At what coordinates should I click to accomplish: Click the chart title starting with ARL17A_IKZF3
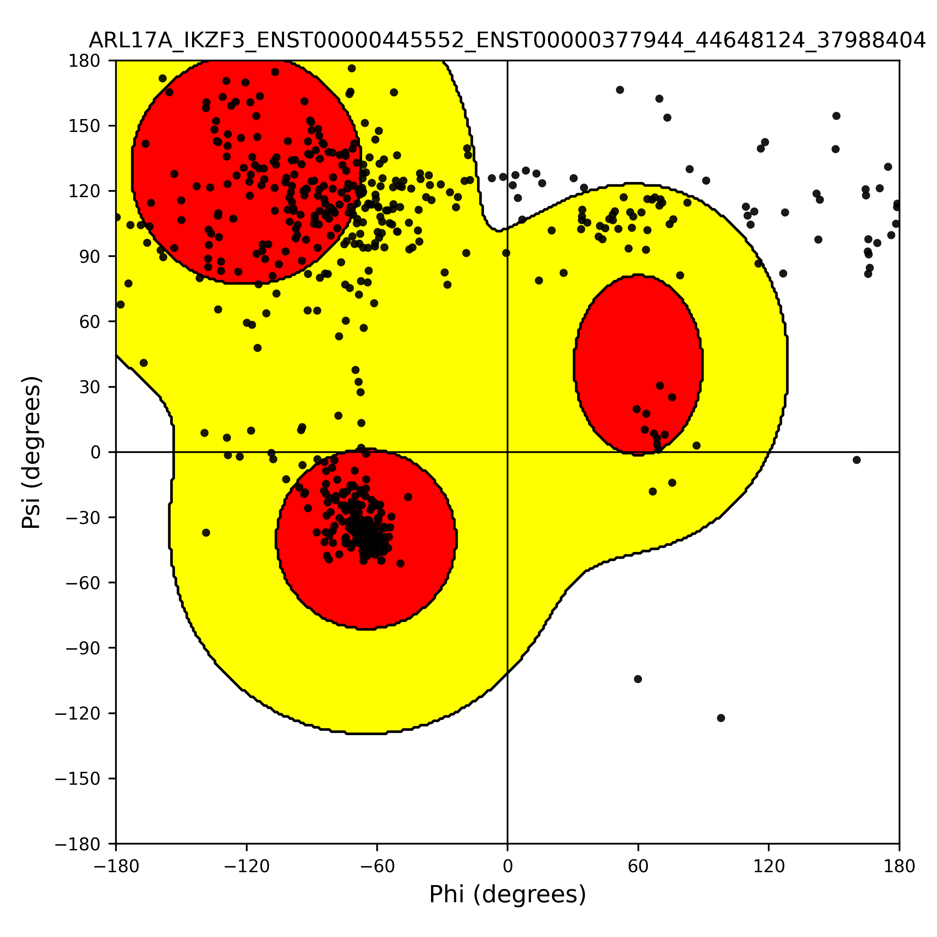[507, 41]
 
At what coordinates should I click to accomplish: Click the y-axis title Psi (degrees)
[32, 452]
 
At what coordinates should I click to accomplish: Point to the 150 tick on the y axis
[84, 126]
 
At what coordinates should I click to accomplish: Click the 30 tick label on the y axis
[90, 387]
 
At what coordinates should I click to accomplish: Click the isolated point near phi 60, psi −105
[638, 679]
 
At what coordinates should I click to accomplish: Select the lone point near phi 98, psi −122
[721, 718]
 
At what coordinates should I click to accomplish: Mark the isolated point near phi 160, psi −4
[857, 460]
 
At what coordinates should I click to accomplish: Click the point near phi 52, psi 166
[620, 90]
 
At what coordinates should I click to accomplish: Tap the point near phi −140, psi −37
[206, 533]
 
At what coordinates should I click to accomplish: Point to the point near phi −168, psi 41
[144, 363]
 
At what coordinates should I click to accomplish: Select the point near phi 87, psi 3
[697, 445]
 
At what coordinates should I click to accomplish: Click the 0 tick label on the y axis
[96, 452]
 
